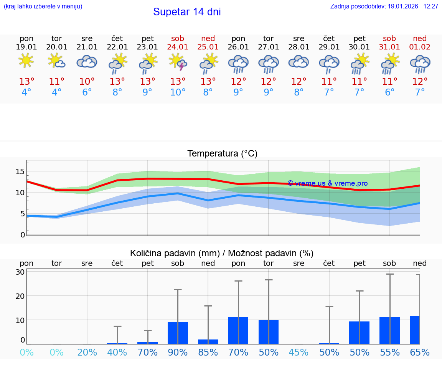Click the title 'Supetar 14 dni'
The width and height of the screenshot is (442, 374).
tap(187, 12)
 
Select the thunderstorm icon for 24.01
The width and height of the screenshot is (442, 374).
tap(178, 61)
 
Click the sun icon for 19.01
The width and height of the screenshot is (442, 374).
tap(26, 61)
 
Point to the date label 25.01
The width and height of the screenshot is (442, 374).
tap(208, 47)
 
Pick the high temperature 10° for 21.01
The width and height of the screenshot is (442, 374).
tap(87, 81)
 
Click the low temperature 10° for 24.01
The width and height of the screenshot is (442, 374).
tap(178, 92)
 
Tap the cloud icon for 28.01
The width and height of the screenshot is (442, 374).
tap(299, 61)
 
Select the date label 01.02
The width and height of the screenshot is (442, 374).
tap(420, 47)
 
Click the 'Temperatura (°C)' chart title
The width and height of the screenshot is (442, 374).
tap(222, 153)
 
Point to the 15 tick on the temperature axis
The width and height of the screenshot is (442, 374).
tap(20, 171)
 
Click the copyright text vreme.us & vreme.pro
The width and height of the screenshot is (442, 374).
tap(327, 183)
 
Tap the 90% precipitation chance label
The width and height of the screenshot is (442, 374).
tap(178, 352)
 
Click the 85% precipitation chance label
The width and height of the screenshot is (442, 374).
tap(208, 352)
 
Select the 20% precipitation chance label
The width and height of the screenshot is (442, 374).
tap(87, 352)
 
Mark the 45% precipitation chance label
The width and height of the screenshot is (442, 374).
tap(299, 352)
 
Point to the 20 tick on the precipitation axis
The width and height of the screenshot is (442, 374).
tap(20, 296)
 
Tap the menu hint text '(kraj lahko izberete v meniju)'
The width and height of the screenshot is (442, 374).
tap(43, 7)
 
